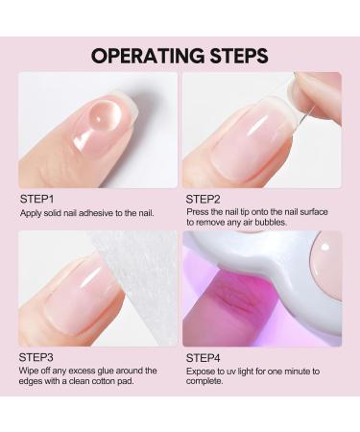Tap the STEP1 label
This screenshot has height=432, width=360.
tap(36, 199)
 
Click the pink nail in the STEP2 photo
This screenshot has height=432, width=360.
tap(245, 144)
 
